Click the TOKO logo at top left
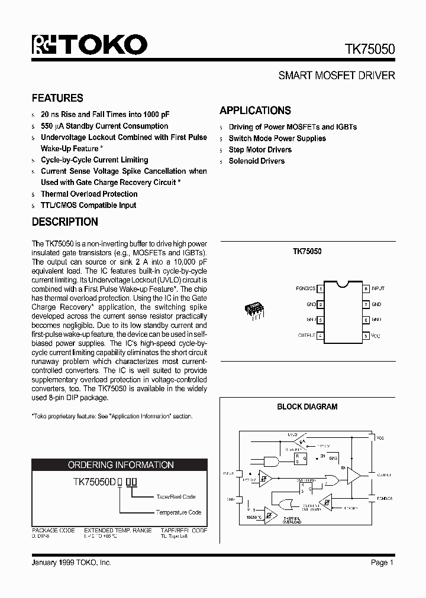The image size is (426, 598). pyautogui.click(x=89, y=45)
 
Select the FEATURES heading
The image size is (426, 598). pyautogui.click(x=57, y=98)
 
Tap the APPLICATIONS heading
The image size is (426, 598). pyautogui.click(x=255, y=110)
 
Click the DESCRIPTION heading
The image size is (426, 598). pyautogui.click(x=64, y=222)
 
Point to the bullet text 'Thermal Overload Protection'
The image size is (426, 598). pyautogui.click(x=89, y=194)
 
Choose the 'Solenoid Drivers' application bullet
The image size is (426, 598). pyautogui.click(x=256, y=161)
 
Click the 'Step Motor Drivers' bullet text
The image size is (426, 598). pyautogui.click(x=260, y=149)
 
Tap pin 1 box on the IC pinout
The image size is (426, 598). pyautogui.click(x=320, y=289)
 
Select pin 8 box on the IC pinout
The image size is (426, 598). pyautogui.click(x=366, y=289)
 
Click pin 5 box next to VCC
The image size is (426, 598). pyautogui.click(x=366, y=336)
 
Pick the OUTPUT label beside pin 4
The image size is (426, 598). pyautogui.click(x=306, y=336)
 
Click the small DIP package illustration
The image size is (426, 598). pyautogui.click(x=254, y=310)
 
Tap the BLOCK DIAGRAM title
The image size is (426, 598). pyautogui.click(x=307, y=407)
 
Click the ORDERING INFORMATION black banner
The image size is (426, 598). pyautogui.click(x=121, y=465)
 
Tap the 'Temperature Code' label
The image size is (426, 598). pyautogui.click(x=179, y=512)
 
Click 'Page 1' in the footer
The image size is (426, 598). pyautogui.click(x=382, y=563)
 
